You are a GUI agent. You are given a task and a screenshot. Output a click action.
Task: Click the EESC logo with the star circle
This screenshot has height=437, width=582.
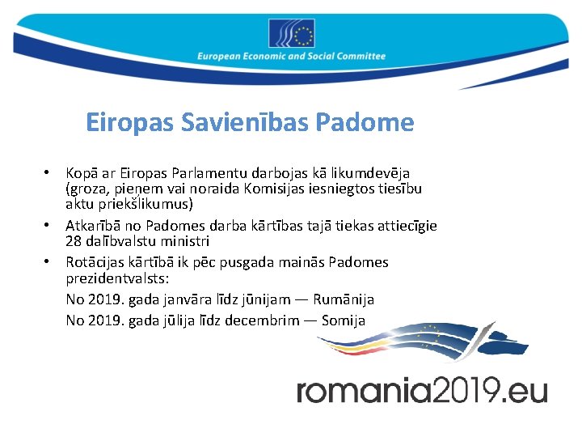tap(291, 34)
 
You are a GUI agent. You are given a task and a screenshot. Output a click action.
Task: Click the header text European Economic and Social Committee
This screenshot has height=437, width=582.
tap(291, 57)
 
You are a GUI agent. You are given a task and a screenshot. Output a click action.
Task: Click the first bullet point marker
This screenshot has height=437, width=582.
tap(48, 173)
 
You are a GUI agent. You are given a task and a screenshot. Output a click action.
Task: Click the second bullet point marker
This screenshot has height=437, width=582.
tap(48, 226)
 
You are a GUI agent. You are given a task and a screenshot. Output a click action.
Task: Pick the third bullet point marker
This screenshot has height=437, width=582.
tap(48, 262)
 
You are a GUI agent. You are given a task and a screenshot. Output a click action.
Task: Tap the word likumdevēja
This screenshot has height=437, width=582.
tap(373, 173)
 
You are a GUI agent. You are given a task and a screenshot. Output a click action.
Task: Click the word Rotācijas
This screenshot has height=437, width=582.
tap(95, 262)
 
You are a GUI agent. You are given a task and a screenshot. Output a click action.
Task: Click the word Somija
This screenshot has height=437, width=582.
tap(344, 320)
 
